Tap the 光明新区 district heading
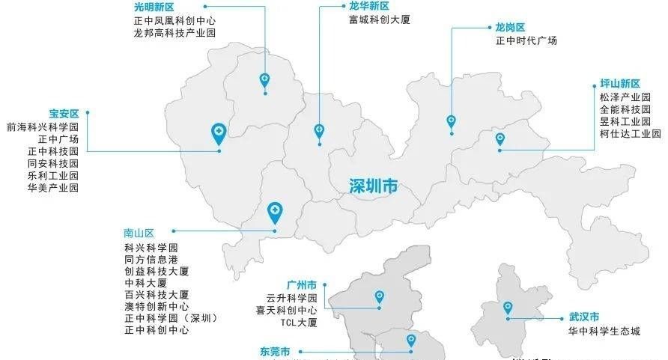[x=154, y=7]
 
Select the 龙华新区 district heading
[x=368, y=6]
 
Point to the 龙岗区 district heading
[x=510, y=28]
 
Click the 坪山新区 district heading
[x=620, y=84]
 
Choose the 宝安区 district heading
[x=64, y=114]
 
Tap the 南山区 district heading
[x=139, y=232]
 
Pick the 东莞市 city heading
[x=275, y=351]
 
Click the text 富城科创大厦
[x=379, y=19]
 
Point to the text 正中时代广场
[x=526, y=41]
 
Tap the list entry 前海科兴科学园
[x=42, y=127]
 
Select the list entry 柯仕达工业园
[x=630, y=134]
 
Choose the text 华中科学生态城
[x=604, y=331]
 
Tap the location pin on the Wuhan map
[x=508, y=307]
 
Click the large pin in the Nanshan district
[x=275, y=212]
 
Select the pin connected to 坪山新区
[x=500, y=139]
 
